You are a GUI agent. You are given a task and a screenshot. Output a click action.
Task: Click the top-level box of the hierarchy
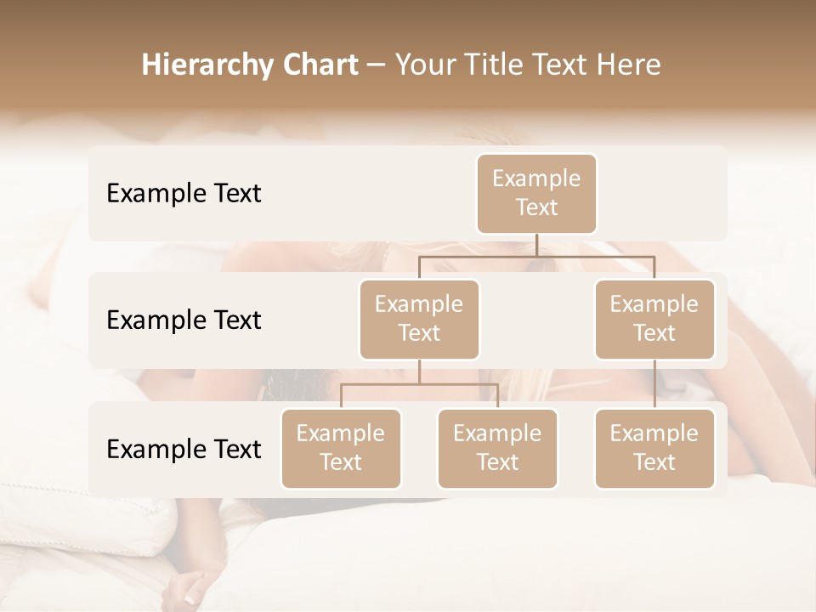tap(536, 194)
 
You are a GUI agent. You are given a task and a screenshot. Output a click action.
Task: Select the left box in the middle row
tap(419, 320)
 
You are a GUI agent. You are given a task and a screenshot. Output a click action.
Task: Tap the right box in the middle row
tap(654, 320)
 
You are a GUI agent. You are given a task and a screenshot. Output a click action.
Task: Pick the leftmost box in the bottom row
tap(341, 449)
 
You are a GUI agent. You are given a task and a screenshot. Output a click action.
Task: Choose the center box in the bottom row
tap(497, 449)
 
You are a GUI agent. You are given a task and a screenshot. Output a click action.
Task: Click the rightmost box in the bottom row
tap(654, 449)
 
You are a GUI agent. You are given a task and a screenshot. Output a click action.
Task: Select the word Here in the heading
tap(628, 65)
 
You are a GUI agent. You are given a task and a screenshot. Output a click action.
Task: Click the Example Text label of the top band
tap(184, 194)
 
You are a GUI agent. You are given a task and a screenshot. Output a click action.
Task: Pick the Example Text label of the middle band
tap(184, 320)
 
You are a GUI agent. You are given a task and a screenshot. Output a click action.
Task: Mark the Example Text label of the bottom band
tap(184, 450)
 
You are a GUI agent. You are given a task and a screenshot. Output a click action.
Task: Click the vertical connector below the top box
tap(536, 244)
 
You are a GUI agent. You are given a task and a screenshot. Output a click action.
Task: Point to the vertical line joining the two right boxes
tap(654, 384)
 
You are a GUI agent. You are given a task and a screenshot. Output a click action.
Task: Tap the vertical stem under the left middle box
tap(419, 371)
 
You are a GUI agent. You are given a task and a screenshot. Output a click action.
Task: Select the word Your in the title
tap(422, 65)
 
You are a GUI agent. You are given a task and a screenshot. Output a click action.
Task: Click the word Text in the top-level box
tap(536, 208)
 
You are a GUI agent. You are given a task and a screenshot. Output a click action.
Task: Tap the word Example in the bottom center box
tap(497, 433)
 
